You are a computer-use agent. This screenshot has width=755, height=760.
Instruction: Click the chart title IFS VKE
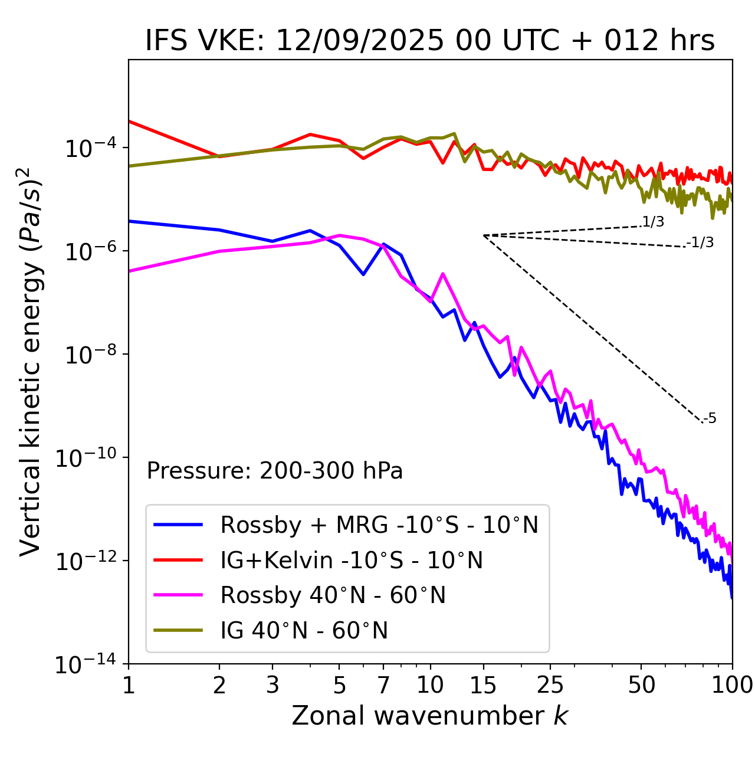pos(430,41)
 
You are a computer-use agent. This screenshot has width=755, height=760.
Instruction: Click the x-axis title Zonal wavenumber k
pos(429,715)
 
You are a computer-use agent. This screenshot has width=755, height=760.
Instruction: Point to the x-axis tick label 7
pos(383,684)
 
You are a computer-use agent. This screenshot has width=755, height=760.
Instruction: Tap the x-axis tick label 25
pos(550,684)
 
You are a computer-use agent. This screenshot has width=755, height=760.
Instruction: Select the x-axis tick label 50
pos(642,684)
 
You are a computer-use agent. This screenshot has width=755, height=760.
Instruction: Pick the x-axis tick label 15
pos(483,684)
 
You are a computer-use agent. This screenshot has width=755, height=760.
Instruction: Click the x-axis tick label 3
pos(273,684)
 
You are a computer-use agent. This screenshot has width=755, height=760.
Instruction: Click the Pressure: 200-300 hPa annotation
pos(275,471)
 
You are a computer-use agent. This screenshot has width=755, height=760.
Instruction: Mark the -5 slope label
pos(710,419)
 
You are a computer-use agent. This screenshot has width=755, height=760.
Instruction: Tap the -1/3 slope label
pos(701,243)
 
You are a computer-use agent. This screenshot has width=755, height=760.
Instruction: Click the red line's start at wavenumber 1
pos(129,121)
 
